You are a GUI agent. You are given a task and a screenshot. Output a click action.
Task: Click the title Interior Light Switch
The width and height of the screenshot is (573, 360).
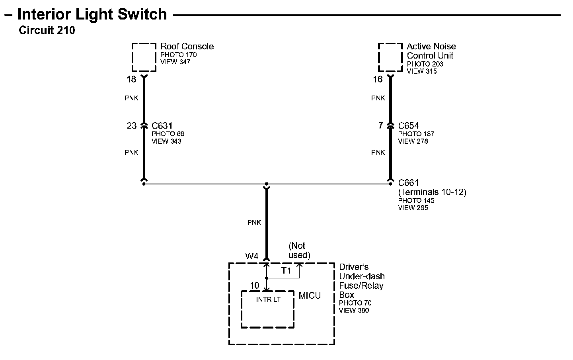point(92,14)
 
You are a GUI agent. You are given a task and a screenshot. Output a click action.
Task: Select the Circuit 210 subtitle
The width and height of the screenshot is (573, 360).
point(47,30)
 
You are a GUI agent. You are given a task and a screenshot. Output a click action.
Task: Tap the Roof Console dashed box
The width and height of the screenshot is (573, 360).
point(144,57)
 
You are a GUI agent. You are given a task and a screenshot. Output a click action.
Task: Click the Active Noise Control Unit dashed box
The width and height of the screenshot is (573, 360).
point(390,57)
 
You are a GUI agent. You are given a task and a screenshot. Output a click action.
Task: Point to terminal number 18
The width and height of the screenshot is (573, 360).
point(131,80)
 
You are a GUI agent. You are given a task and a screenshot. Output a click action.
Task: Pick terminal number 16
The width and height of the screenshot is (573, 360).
point(377,80)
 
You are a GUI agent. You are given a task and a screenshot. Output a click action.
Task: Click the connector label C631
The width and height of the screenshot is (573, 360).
point(162,126)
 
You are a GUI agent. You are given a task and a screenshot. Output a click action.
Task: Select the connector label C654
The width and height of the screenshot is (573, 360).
point(409,126)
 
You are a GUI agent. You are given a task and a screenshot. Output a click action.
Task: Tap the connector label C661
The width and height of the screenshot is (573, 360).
point(409,183)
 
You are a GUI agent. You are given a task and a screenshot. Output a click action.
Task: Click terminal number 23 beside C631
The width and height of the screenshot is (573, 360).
point(132,126)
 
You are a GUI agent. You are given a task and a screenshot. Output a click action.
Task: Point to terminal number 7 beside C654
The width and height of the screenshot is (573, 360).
point(380,126)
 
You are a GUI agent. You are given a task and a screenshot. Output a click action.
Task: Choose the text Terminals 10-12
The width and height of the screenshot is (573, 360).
point(432,192)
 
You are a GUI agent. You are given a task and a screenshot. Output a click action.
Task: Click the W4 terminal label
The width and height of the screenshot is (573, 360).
point(252,256)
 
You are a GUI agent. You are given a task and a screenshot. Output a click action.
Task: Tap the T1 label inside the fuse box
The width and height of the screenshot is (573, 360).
point(286,271)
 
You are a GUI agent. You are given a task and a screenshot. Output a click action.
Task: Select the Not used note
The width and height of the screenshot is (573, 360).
point(299,250)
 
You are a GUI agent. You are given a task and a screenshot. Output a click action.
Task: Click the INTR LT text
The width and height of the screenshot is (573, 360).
point(268,299)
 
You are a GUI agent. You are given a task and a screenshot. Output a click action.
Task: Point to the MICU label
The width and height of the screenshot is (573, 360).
point(310,296)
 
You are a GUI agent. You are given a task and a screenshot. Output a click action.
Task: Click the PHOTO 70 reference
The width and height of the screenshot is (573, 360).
point(355,303)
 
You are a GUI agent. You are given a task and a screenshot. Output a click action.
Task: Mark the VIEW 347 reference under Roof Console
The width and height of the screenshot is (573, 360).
point(175,62)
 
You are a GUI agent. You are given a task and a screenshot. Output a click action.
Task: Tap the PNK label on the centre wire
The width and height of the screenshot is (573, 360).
point(254,223)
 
